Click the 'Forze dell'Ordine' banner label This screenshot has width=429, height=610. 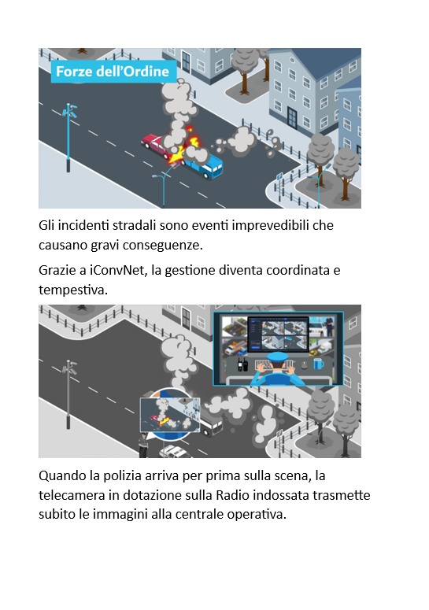click(x=113, y=72)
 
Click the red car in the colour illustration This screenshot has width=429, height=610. click(x=156, y=144)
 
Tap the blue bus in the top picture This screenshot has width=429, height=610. click(x=203, y=165)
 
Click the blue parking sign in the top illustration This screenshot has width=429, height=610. click(x=279, y=177)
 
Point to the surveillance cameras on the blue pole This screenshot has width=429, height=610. click(x=70, y=111)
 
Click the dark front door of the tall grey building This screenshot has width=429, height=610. click(x=292, y=116)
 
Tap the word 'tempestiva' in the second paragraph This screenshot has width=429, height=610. click(x=72, y=290)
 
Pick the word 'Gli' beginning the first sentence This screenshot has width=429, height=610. click(x=46, y=225)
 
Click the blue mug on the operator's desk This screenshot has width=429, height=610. click(x=319, y=364)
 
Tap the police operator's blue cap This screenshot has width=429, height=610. click(x=278, y=357)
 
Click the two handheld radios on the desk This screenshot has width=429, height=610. click(x=242, y=364)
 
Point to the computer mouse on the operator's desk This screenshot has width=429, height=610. click(x=304, y=365)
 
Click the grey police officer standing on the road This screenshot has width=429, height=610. click(x=143, y=445)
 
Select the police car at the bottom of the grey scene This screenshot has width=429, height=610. click(x=175, y=452)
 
